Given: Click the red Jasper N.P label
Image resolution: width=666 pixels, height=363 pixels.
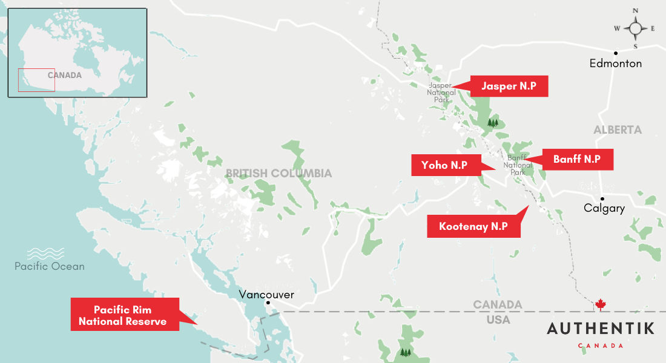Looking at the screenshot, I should click(x=509, y=86).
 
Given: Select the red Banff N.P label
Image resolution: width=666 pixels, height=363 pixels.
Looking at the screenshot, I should click(x=576, y=159).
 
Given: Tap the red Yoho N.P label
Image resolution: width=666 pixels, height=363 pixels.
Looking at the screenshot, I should click(x=444, y=165).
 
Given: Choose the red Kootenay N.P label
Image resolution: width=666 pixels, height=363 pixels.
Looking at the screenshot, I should click(x=473, y=226).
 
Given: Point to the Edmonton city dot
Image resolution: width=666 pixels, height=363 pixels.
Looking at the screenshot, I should click(x=615, y=53).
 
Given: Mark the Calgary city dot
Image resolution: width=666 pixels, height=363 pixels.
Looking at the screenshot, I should click(x=602, y=198).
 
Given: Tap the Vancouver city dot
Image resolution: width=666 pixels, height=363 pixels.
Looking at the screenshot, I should click(x=268, y=303).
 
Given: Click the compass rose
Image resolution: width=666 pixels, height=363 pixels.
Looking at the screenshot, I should click(x=635, y=28).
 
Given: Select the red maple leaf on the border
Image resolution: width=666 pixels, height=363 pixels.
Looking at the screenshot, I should click(x=601, y=304).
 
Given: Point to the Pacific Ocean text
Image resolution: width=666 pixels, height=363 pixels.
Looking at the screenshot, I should click(x=50, y=266).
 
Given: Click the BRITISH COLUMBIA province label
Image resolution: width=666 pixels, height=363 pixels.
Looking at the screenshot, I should click(x=279, y=174).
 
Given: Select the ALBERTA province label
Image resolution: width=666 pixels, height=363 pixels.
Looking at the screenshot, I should click(x=618, y=130).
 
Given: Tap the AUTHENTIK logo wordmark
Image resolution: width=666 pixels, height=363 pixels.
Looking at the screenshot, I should click(x=601, y=329).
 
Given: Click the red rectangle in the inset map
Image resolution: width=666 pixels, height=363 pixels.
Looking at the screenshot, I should click(x=36, y=80).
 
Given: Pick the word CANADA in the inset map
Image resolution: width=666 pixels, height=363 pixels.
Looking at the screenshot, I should click(x=65, y=76).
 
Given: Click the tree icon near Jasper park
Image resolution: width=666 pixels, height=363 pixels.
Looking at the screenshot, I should click(x=493, y=123).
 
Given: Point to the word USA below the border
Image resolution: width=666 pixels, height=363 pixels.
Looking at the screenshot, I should click(x=498, y=319).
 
